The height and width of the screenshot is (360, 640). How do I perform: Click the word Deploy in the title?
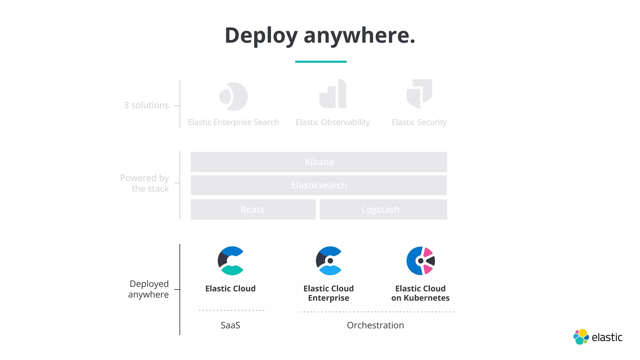pos(261,35)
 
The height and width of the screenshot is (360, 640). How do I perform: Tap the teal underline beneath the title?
pos(321,62)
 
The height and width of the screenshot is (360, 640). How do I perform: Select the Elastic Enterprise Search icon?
pos(233,97)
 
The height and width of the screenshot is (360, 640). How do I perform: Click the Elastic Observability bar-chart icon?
pos(333,94)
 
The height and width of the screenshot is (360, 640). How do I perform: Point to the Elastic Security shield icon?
pos(419,94)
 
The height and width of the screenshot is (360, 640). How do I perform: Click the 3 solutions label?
pos(146,105)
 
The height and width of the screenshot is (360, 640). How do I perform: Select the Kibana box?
pos(319,162)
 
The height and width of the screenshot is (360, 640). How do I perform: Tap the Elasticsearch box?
pos(319,185)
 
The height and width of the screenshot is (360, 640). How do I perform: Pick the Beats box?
pos(253,209)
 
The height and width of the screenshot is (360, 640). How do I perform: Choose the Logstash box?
pos(383,209)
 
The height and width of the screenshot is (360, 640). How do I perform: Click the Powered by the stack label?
pos(145,183)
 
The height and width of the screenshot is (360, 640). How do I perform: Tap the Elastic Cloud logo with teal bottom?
pos(231,261)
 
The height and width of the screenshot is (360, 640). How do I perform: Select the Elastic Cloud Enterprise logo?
pos(329,261)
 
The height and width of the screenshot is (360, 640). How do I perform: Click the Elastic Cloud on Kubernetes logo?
pos(421,261)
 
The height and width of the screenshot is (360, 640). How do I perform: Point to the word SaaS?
pos(230,325)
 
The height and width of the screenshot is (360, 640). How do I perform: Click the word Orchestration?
pos(375,325)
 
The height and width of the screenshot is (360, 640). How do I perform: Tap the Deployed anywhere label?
pos(149,289)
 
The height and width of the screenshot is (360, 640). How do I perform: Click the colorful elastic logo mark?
pos(581,337)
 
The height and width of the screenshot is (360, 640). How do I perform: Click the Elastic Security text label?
pos(419,122)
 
